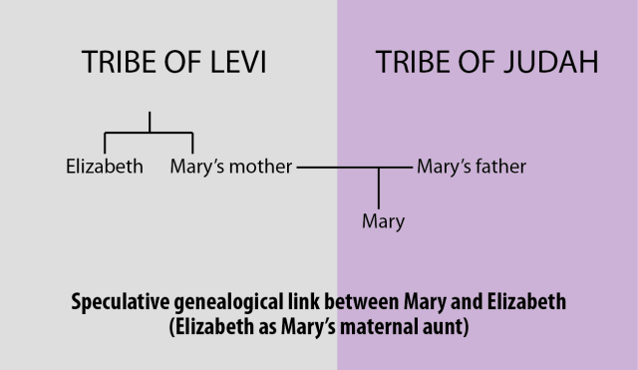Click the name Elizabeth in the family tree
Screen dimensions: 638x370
104,167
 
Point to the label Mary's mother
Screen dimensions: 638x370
230,167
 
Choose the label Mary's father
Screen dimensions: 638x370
471,167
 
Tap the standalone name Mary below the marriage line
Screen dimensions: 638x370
383,221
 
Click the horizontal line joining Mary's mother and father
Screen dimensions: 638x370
339,168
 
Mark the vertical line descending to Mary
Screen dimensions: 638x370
378,187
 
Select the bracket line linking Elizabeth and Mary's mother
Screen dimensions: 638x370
150,132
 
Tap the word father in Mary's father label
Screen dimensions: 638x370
499,167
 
